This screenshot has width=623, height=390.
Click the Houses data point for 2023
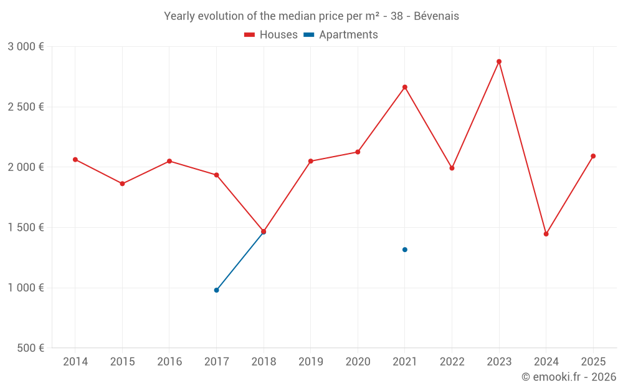tap(499, 62)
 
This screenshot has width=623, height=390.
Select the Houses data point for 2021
tap(405, 87)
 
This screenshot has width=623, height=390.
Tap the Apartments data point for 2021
tap(405, 250)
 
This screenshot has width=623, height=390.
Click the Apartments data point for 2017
tap(216, 290)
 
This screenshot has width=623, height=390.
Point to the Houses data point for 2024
tap(546, 234)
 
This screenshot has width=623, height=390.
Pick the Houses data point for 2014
tap(75, 160)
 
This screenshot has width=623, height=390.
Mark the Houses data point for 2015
tap(122, 183)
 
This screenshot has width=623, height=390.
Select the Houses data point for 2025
tap(593, 156)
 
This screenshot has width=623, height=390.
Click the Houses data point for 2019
tap(311, 161)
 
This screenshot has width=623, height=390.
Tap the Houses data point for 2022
tap(452, 168)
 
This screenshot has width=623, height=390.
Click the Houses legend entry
tap(271, 35)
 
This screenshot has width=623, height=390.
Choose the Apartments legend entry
tap(341, 35)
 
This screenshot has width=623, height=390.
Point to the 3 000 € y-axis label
tap(26, 47)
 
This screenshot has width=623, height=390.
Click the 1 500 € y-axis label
tap(26, 227)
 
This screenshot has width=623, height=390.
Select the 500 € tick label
tap(30, 348)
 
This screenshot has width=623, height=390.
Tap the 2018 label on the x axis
tap(264, 362)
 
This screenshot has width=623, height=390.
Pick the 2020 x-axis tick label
tap(358, 362)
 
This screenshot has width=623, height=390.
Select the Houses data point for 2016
tap(169, 161)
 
